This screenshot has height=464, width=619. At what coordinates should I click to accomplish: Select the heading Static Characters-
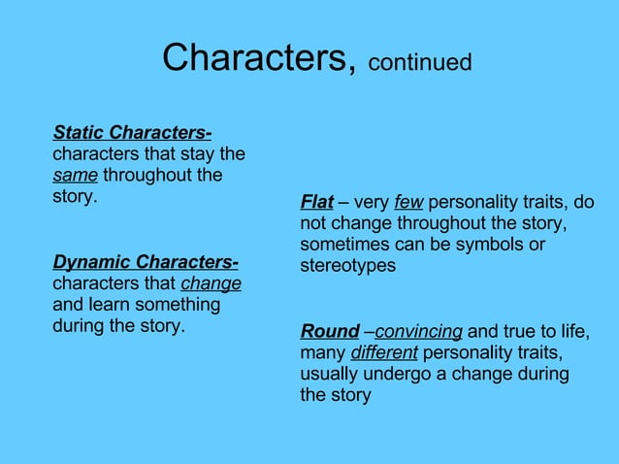[x=133, y=132]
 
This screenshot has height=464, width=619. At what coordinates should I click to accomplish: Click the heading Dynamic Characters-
[x=146, y=262]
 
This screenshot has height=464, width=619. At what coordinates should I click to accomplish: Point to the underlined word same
[x=75, y=176]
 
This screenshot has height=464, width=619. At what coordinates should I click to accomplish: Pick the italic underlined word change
[x=211, y=283]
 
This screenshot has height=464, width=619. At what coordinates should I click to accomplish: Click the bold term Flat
[x=317, y=202]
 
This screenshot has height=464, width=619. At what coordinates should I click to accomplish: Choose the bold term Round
[x=330, y=331]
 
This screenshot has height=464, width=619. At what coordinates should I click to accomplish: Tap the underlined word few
[x=408, y=202]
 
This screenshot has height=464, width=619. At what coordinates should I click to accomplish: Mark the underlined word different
[x=384, y=352]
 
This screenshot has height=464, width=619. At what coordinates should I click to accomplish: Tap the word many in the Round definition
[x=322, y=352]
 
